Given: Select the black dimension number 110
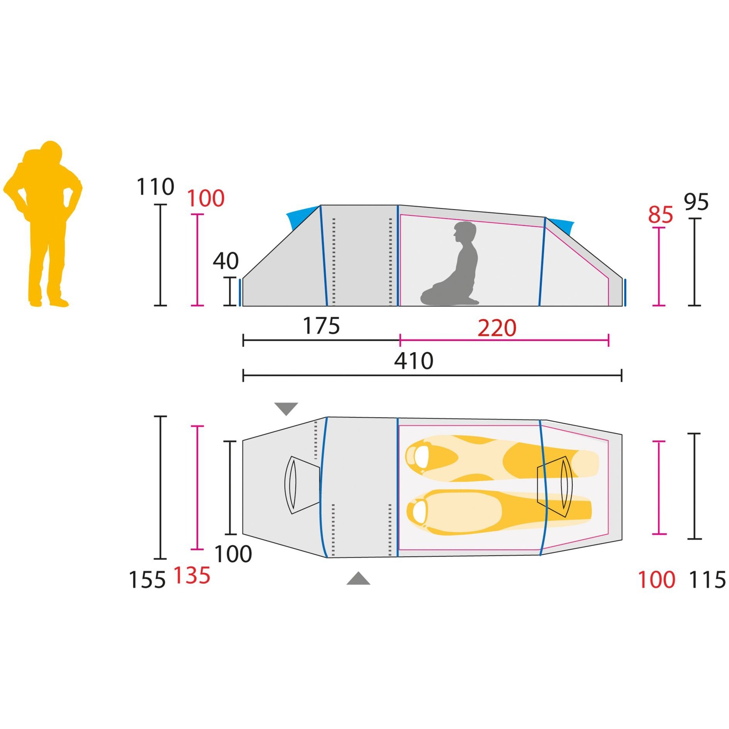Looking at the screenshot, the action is pyautogui.click(x=155, y=187).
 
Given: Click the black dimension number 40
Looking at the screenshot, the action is pyautogui.click(x=225, y=261).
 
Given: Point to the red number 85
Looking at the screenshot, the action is pyautogui.click(x=660, y=215).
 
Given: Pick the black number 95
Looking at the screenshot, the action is pyautogui.click(x=696, y=202).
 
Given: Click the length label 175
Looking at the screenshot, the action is pyautogui.click(x=321, y=326).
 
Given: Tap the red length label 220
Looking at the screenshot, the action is pyautogui.click(x=497, y=329).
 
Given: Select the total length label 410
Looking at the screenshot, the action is pyautogui.click(x=414, y=361).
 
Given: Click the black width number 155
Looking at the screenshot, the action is pyautogui.click(x=147, y=580).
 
